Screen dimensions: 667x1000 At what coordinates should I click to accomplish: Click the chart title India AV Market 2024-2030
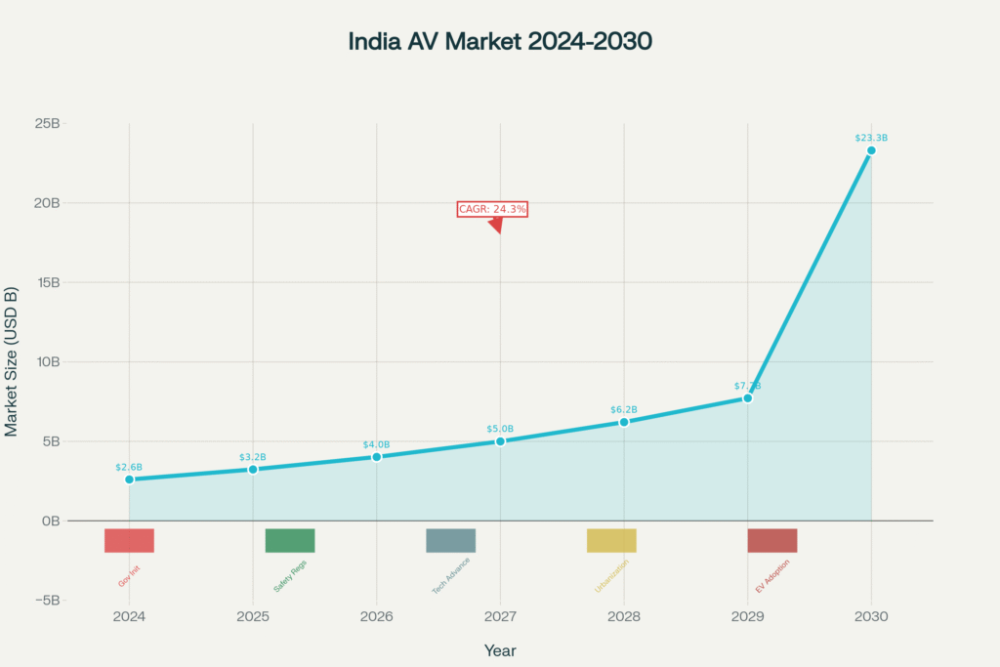pyautogui.click(x=500, y=42)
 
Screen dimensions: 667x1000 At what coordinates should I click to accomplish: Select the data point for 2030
pyautogui.click(x=871, y=150)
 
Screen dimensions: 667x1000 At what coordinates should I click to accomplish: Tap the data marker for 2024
pyautogui.click(x=129, y=479)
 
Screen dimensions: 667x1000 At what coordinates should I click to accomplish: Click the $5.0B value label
pyautogui.click(x=500, y=429)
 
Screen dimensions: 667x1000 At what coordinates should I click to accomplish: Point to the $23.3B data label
pyautogui.click(x=871, y=138)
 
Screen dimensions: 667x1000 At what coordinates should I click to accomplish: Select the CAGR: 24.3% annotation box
pyautogui.click(x=492, y=209)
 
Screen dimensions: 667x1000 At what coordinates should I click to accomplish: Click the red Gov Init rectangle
pyautogui.click(x=129, y=540)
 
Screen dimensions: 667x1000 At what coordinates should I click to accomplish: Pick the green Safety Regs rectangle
pyautogui.click(x=290, y=540)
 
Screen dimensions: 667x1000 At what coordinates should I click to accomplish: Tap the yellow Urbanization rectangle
pyautogui.click(x=611, y=540)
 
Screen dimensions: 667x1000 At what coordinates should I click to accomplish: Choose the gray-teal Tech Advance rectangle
pyautogui.click(x=450, y=540)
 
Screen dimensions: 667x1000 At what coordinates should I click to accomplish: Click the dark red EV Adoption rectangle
pyautogui.click(x=772, y=540)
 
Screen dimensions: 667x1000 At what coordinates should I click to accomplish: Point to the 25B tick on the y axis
pyautogui.click(x=46, y=124)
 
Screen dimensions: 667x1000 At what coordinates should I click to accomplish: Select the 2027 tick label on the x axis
pyautogui.click(x=500, y=617)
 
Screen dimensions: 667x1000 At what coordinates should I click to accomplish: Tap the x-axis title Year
pyautogui.click(x=500, y=650)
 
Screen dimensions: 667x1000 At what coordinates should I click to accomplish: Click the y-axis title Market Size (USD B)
pyautogui.click(x=12, y=361)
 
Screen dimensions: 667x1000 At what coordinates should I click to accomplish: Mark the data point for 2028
pyautogui.click(x=624, y=422)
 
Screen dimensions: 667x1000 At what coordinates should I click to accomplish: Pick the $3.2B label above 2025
pyautogui.click(x=253, y=457)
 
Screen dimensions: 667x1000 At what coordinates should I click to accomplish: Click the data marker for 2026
pyautogui.click(x=377, y=457)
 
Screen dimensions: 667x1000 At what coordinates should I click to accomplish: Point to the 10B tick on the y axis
pyautogui.click(x=46, y=361)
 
